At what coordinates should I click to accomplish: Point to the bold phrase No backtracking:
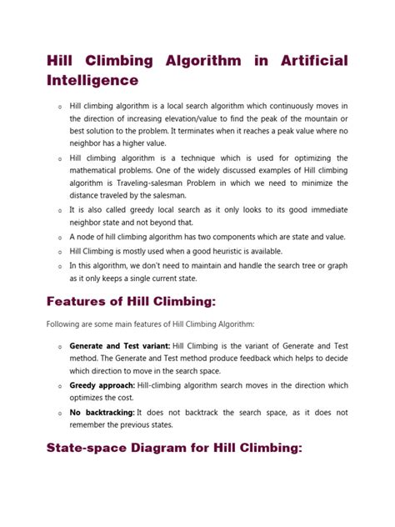(x=102, y=413)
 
